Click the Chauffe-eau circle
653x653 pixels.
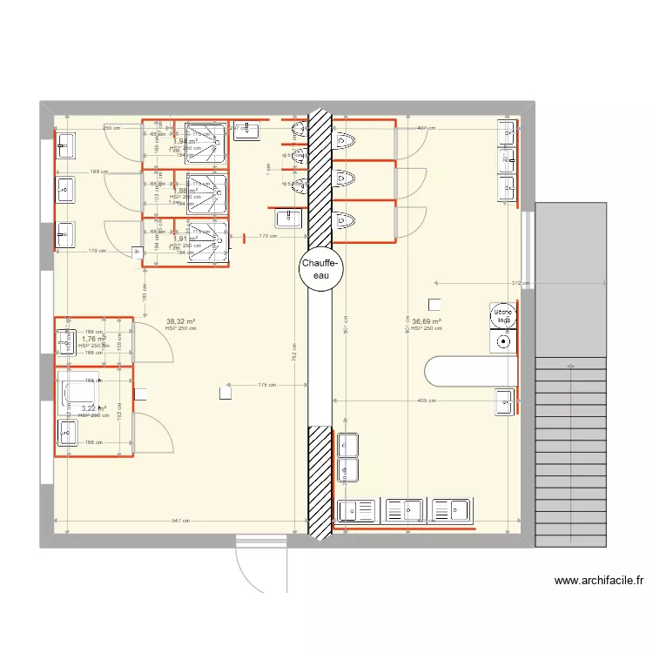pyautogui.click(x=321, y=269)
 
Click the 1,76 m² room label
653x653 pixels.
pyautogui.click(x=93, y=339)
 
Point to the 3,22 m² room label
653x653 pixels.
pyautogui.click(x=94, y=407)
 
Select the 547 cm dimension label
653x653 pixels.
pyautogui.click(x=180, y=521)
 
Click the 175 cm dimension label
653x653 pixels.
pyautogui.click(x=267, y=385)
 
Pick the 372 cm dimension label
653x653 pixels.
pyautogui.click(x=520, y=283)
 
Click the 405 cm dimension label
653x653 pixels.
pyautogui.click(x=427, y=401)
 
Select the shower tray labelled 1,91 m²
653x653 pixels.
pyautogui.click(x=206, y=241)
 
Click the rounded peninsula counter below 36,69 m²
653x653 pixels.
pyautogui.click(x=466, y=371)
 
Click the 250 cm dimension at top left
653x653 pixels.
pyautogui.click(x=111, y=129)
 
